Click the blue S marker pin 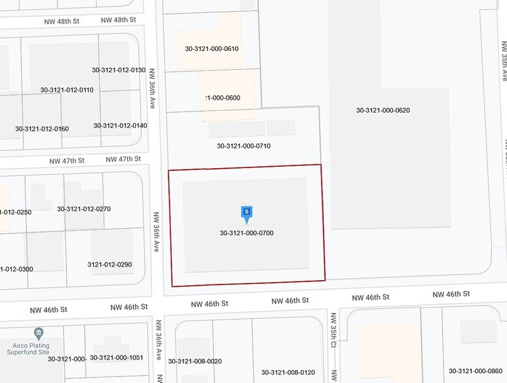point(246,213)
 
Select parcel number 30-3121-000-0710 point(243,146)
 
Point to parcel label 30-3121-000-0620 point(383,110)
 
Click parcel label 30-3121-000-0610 point(211,49)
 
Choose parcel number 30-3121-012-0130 point(119,70)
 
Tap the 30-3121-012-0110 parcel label point(67,90)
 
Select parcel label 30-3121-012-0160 point(42,128)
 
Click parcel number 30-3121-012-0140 point(120,125)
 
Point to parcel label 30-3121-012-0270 point(84,209)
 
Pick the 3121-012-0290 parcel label point(110,264)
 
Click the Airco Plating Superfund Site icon point(39,333)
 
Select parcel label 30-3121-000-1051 point(116,358)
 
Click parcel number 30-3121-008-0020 point(194,361)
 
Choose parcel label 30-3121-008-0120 point(288,373)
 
